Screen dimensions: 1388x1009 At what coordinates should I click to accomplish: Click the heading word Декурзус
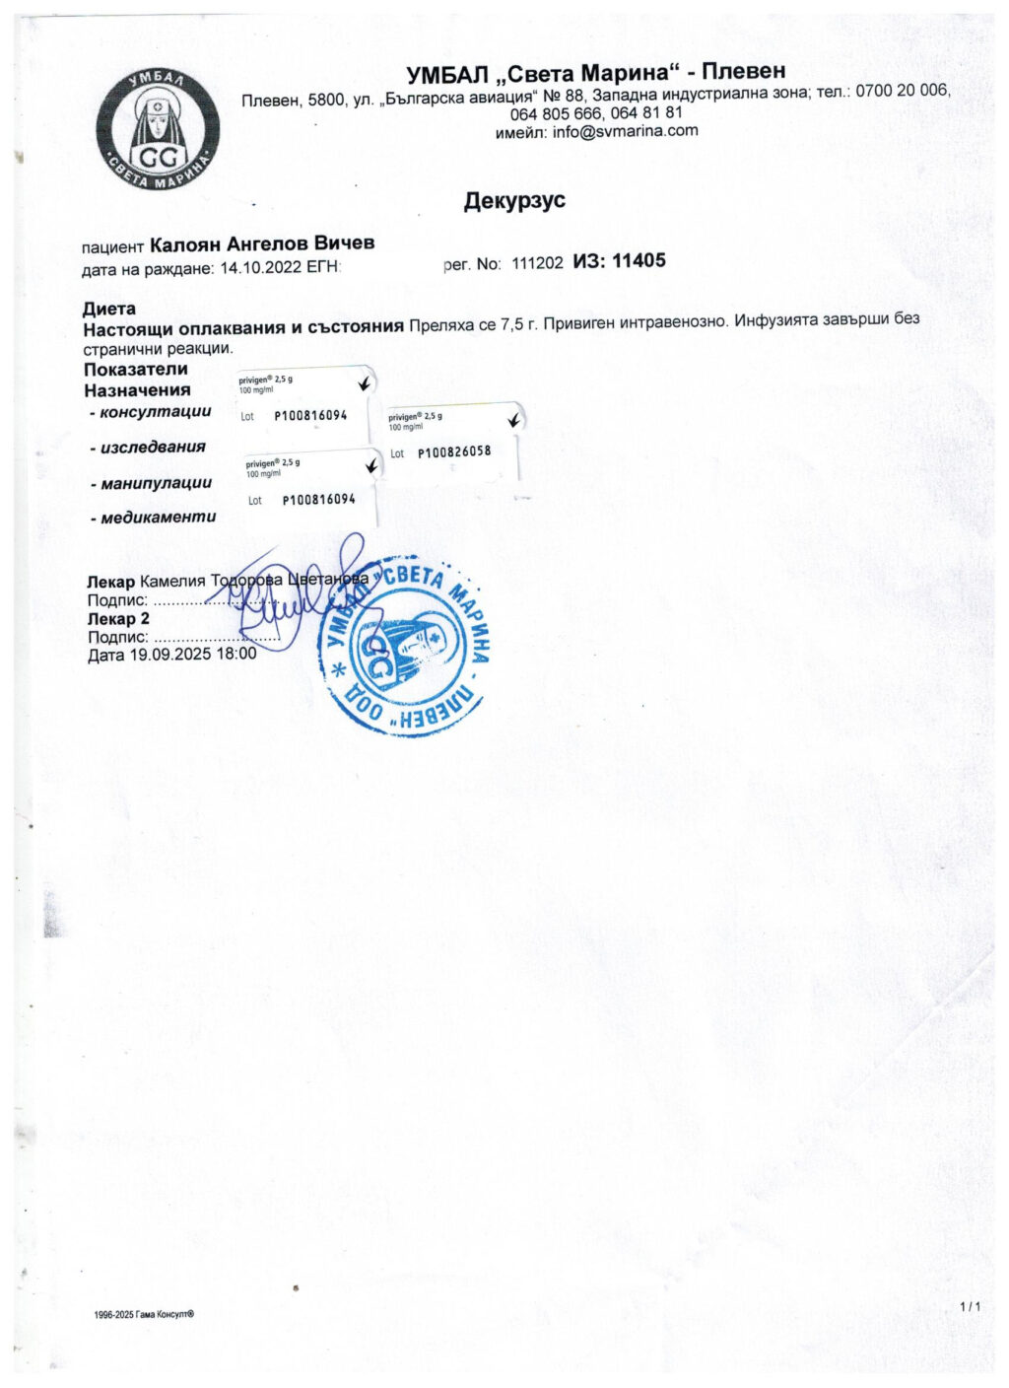coord(514,201)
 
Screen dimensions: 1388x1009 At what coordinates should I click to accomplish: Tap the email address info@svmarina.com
coord(625,131)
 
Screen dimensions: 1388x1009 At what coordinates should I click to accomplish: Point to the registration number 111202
coord(538,263)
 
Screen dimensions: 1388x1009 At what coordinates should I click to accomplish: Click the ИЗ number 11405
coord(639,261)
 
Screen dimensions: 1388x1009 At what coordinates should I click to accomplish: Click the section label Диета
coord(109,309)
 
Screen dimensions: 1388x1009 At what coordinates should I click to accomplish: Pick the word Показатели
coord(136,370)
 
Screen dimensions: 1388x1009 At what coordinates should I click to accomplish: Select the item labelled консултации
coord(156,412)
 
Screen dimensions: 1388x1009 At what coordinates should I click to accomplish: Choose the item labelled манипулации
coord(156,483)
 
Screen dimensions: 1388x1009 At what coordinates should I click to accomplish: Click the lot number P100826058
coord(453,452)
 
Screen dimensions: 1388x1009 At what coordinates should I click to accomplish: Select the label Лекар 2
coord(118,619)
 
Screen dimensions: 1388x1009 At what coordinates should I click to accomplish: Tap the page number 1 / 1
coord(971,1307)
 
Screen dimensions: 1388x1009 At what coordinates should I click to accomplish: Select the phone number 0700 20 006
coord(903,91)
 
